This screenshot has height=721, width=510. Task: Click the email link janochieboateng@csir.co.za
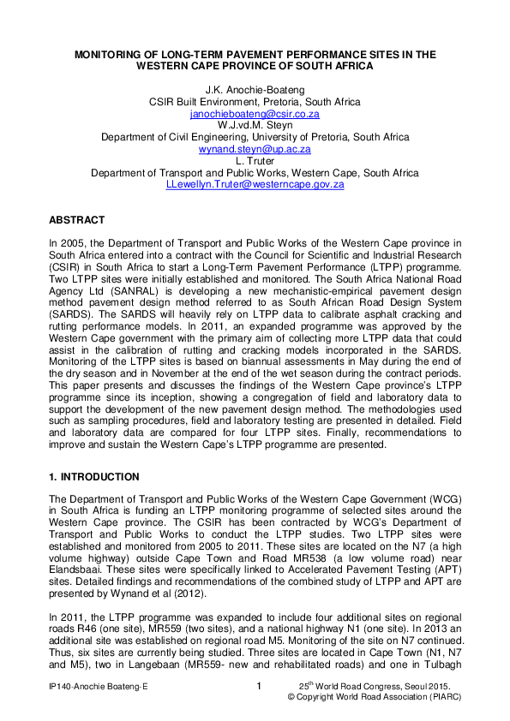255,113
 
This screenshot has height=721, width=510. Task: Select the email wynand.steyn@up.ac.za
255,149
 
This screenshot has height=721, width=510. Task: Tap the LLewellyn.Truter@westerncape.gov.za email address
255,184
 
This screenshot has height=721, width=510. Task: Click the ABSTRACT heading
77,220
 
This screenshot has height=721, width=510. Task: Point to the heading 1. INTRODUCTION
94,477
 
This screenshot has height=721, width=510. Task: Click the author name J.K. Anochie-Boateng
255,90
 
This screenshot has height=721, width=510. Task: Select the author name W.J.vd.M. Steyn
255,125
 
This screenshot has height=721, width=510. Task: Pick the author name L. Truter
255,161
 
